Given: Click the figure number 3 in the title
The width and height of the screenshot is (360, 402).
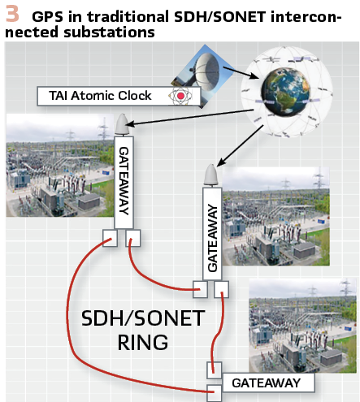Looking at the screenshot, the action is [12, 14].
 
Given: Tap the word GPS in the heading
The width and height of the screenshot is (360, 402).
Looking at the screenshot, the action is [47, 17].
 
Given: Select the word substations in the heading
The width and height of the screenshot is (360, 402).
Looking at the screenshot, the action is [109, 32].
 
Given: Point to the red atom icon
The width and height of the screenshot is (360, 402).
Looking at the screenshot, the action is [180, 96].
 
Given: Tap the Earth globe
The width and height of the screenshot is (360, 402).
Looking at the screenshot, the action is [285, 91].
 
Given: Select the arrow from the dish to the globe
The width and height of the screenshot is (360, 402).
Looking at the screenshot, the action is [241, 73].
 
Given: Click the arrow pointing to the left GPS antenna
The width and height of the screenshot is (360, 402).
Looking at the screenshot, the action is [189, 118].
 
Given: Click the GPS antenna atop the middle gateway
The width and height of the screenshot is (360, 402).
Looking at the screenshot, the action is [212, 175].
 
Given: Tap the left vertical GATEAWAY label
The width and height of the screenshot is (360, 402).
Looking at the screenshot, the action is [124, 181].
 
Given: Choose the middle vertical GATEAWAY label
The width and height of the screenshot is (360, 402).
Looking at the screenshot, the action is [213, 238].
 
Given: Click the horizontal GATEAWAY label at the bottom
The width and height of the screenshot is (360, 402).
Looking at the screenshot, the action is [267, 383].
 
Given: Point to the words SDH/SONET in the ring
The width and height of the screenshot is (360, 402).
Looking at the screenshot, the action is [143, 318].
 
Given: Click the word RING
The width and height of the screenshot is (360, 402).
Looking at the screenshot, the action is [143, 343].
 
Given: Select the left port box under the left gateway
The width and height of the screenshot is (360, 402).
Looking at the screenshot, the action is [110, 238].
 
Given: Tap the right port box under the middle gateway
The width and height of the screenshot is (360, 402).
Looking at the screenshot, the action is [221, 289].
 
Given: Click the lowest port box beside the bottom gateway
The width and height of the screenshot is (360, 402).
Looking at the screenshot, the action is [215, 393].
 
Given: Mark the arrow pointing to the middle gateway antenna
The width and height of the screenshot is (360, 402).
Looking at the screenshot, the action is [240, 145].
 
